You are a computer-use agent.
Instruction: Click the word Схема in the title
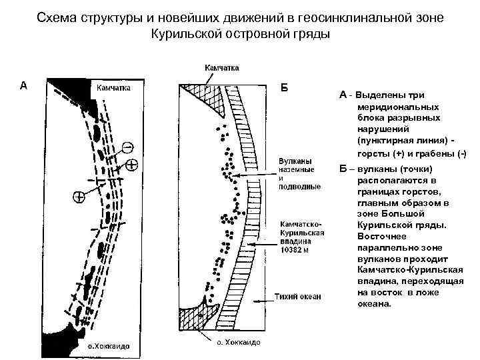(x=57, y=16)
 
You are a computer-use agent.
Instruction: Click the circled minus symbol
(x=127, y=147)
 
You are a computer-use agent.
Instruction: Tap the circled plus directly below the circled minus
(x=131, y=164)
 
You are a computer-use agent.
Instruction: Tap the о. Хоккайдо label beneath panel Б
(x=236, y=342)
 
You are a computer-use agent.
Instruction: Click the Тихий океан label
(x=298, y=296)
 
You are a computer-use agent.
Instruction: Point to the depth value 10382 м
(x=294, y=251)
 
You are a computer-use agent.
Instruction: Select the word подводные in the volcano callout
(x=300, y=187)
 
